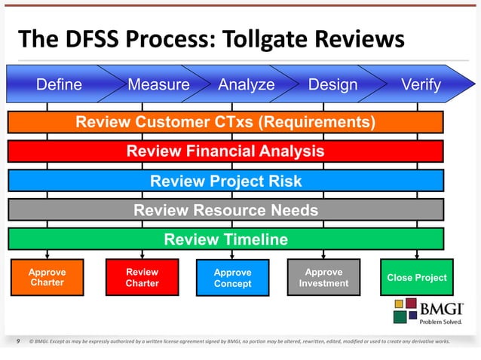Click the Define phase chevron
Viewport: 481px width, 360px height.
pyautogui.click(x=59, y=84)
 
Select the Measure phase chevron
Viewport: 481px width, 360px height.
pyautogui.click(x=158, y=84)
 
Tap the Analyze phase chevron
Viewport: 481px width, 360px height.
pyautogui.click(x=247, y=84)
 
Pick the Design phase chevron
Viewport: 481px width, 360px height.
pyautogui.click(x=332, y=84)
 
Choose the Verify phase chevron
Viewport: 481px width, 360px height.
pyautogui.click(x=421, y=84)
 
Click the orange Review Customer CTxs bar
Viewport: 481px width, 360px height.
pyautogui.click(x=225, y=122)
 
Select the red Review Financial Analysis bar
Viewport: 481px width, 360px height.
pyautogui.click(x=225, y=151)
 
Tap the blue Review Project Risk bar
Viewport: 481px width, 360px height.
pyautogui.click(x=225, y=181)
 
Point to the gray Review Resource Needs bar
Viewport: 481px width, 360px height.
pyautogui.click(x=225, y=210)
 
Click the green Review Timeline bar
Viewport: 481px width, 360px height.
pyautogui.click(x=225, y=239)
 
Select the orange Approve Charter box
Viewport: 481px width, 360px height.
pyautogui.click(x=47, y=277)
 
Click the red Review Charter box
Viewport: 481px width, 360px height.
pyautogui.click(x=142, y=277)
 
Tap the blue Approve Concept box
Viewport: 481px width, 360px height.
pyautogui.click(x=232, y=278)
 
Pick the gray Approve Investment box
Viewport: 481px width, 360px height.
pyautogui.click(x=323, y=277)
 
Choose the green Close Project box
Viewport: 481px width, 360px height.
pyautogui.click(x=416, y=278)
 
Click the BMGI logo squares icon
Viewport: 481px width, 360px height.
pyautogui.click(x=400, y=310)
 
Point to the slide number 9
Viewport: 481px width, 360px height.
pyautogui.click(x=17, y=341)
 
